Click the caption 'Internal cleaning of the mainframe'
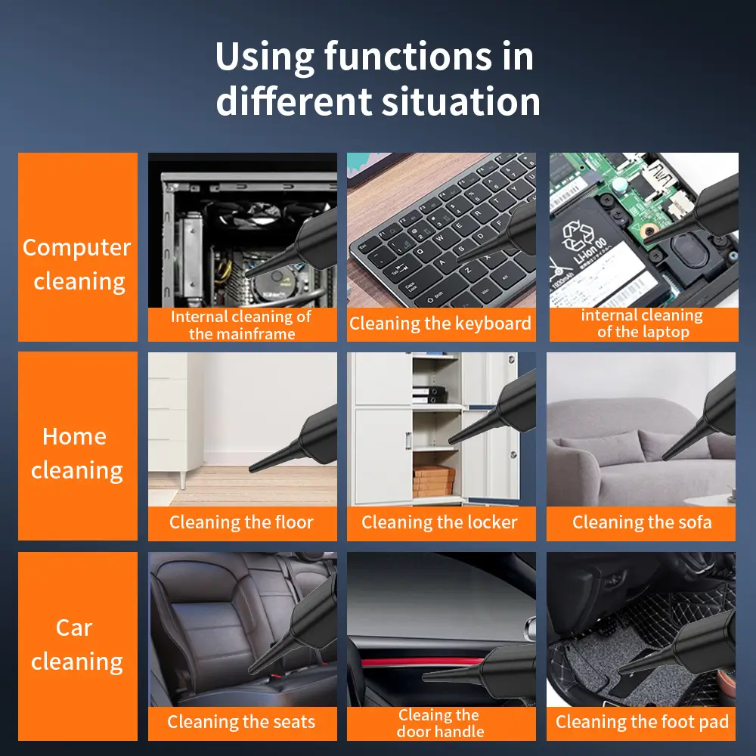[242, 325]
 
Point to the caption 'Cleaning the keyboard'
[441, 324]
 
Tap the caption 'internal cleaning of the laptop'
[643, 324]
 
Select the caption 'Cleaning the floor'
[242, 522]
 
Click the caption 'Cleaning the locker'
[441, 522]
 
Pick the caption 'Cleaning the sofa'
[642, 522]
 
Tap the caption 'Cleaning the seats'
[242, 722]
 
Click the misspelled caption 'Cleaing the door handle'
[441, 723]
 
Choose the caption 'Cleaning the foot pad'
[642, 722]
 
